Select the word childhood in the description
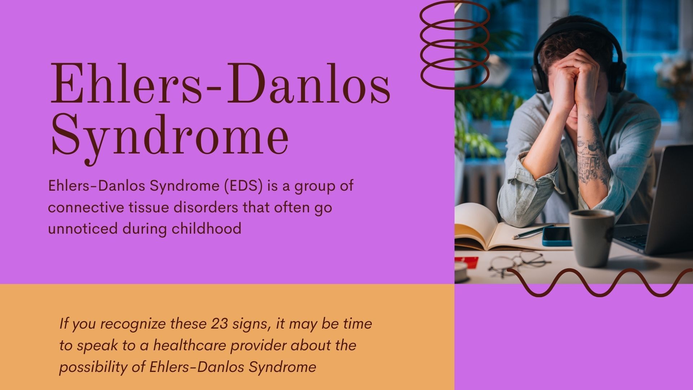pos(206,229)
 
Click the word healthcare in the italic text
pos(190,346)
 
